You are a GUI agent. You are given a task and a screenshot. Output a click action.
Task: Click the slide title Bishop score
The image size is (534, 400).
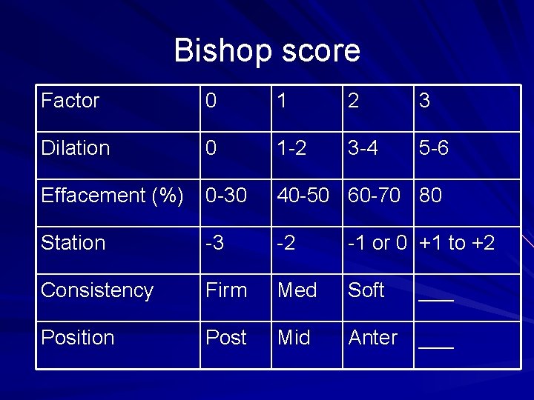267,50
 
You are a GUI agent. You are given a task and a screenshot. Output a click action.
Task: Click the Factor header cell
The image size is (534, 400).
70,101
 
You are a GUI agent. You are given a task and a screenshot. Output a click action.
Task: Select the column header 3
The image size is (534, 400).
425,101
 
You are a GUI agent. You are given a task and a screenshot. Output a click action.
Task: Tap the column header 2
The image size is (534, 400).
354,101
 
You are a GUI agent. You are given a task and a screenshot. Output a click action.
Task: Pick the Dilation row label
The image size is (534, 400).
76,148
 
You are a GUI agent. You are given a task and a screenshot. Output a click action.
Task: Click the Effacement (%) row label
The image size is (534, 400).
113,196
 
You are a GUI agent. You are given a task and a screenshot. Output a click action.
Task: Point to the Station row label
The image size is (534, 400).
73,243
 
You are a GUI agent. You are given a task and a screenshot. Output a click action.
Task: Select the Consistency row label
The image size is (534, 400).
97,290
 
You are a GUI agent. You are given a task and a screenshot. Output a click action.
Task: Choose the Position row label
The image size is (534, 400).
78,338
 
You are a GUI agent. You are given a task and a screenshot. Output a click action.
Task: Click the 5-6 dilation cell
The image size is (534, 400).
434,148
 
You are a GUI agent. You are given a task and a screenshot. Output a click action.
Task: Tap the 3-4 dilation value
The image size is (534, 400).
363,148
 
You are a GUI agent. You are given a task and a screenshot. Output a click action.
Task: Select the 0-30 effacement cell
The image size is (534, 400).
225,196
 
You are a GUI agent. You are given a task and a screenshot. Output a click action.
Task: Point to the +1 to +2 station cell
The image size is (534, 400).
457,243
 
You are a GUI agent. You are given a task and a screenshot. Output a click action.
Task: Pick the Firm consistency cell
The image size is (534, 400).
226,290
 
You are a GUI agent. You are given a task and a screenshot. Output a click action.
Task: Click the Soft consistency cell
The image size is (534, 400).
366,290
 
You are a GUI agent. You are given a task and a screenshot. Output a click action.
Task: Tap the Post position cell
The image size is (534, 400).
225,338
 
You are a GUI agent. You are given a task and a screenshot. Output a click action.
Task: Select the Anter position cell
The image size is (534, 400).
373,338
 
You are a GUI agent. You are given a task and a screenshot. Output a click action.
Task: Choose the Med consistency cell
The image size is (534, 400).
297,290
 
